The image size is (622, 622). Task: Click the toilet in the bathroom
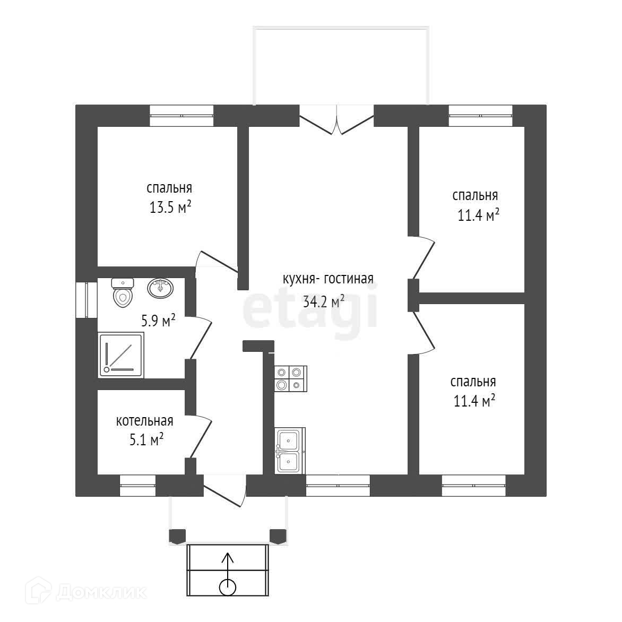tap(122, 293)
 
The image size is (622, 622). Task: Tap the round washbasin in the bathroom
tap(160, 288)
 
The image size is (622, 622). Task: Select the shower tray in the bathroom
tap(121, 355)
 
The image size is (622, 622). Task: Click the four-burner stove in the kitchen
tap(290, 378)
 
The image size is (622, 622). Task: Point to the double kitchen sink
tap(289, 450)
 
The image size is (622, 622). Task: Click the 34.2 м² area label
tap(324, 302)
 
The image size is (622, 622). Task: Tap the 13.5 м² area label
tap(170, 207)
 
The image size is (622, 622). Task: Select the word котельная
tap(144, 421)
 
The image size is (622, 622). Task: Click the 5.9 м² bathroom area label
tap(158, 321)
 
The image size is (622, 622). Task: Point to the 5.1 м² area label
tap(144, 440)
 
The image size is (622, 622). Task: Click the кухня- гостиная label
tap(328, 279)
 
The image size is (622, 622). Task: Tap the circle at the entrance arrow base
tap(227, 586)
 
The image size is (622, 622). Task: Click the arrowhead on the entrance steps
tap(227, 557)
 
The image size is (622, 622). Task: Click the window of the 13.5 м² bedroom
tap(181, 115)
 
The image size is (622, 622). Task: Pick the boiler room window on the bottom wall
tap(137, 485)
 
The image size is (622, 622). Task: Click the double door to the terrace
tap(337, 121)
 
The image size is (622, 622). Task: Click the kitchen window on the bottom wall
tap(338, 485)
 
